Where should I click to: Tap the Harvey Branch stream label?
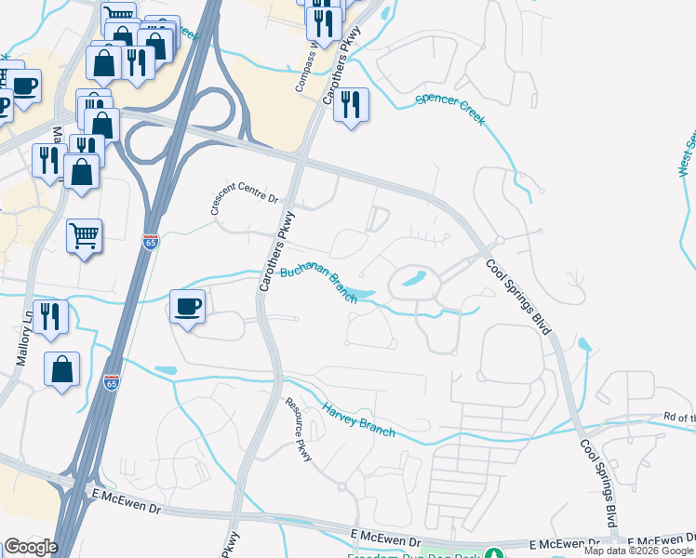coord(358,419)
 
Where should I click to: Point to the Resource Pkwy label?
coord(298,430)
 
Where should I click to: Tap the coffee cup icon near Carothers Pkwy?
coord(188,306)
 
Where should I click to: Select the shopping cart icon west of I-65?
coord(84,236)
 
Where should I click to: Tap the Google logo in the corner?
coord(31,547)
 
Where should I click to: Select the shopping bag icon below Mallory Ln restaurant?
coord(61,369)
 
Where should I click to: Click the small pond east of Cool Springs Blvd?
coord(583,346)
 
